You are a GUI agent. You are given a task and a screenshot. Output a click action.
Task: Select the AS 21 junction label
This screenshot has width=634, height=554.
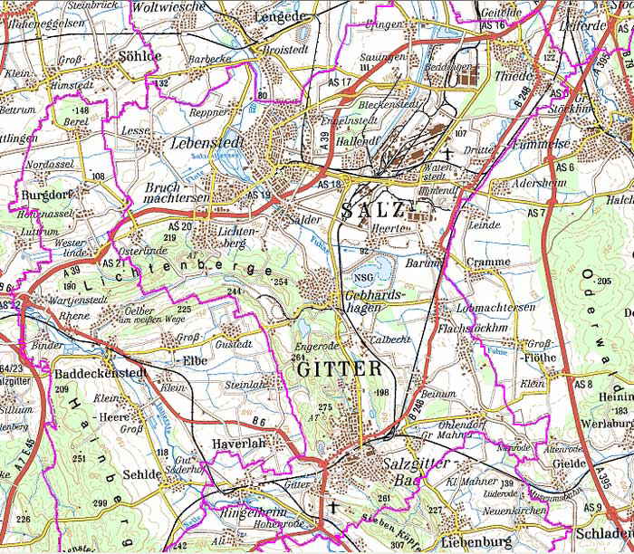pyautogui.click(x=116, y=263)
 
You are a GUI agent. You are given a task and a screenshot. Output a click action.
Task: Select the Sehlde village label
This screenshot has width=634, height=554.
pyautogui.click(x=141, y=474)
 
